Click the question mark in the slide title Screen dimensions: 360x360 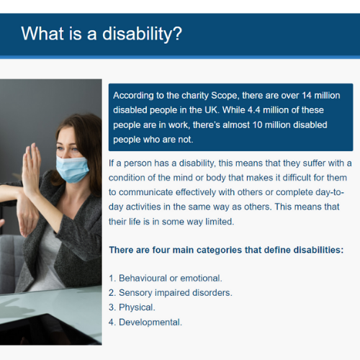click(177, 34)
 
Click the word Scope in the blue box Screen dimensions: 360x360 click(225, 96)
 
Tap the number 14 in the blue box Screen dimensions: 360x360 click(307, 96)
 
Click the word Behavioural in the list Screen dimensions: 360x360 click(143, 278)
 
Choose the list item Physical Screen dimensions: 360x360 click(137, 307)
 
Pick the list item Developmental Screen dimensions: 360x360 click(150, 323)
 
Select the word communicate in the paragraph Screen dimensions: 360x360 click(145, 192)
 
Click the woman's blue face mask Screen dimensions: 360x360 click(71, 168)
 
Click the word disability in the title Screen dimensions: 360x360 click(138, 34)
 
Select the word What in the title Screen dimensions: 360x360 click(42, 33)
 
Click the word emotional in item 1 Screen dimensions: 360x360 click(201, 278)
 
